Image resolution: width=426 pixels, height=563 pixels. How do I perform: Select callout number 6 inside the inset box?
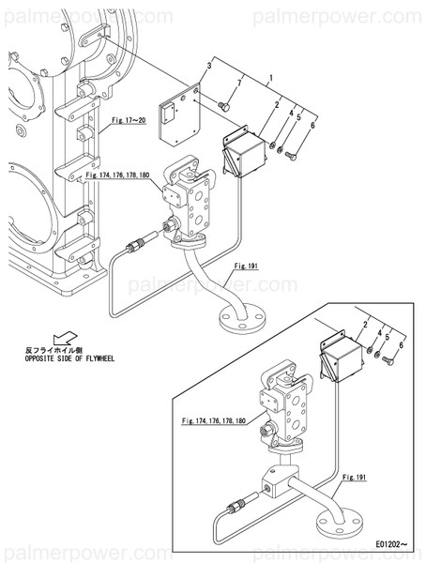[x=401, y=345]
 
